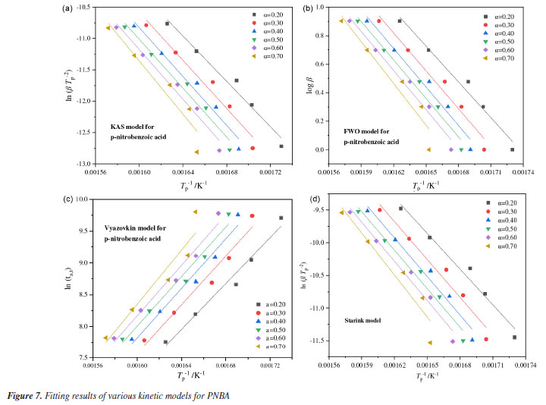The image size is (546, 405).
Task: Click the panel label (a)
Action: point(72,10)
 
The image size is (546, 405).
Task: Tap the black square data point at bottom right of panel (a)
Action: point(281,146)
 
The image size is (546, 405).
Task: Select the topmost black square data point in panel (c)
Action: point(281,218)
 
